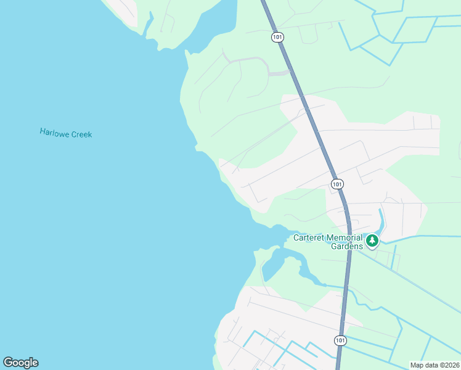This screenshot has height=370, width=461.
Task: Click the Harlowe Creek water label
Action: (65, 133)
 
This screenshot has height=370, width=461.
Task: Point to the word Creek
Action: (81, 134)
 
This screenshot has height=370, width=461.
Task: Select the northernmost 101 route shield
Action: (277, 37)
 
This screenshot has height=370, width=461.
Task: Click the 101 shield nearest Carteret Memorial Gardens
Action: (337, 184)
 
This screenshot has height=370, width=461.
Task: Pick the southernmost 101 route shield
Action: (340, 340)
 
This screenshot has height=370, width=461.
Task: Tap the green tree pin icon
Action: (372, 240)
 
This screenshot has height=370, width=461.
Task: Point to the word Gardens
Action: (347, 246)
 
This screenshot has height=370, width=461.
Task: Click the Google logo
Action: (20, 363)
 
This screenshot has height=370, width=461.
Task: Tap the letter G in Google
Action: (8, 363)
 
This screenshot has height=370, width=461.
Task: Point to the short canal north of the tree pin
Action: (381, 218)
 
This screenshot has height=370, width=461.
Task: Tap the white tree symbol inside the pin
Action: (372, 239)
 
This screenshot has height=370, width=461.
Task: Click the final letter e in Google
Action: (35, 363)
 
